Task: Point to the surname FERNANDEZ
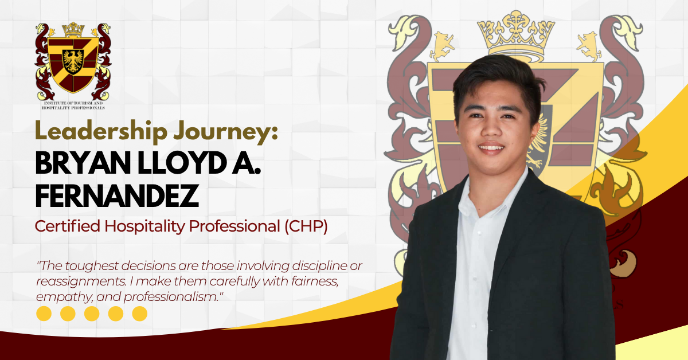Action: point(117,196)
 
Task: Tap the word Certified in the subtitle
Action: point(67,227)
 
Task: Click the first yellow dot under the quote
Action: point(44,314)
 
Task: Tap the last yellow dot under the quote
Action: point(140,314)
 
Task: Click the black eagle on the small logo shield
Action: point(73,60)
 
